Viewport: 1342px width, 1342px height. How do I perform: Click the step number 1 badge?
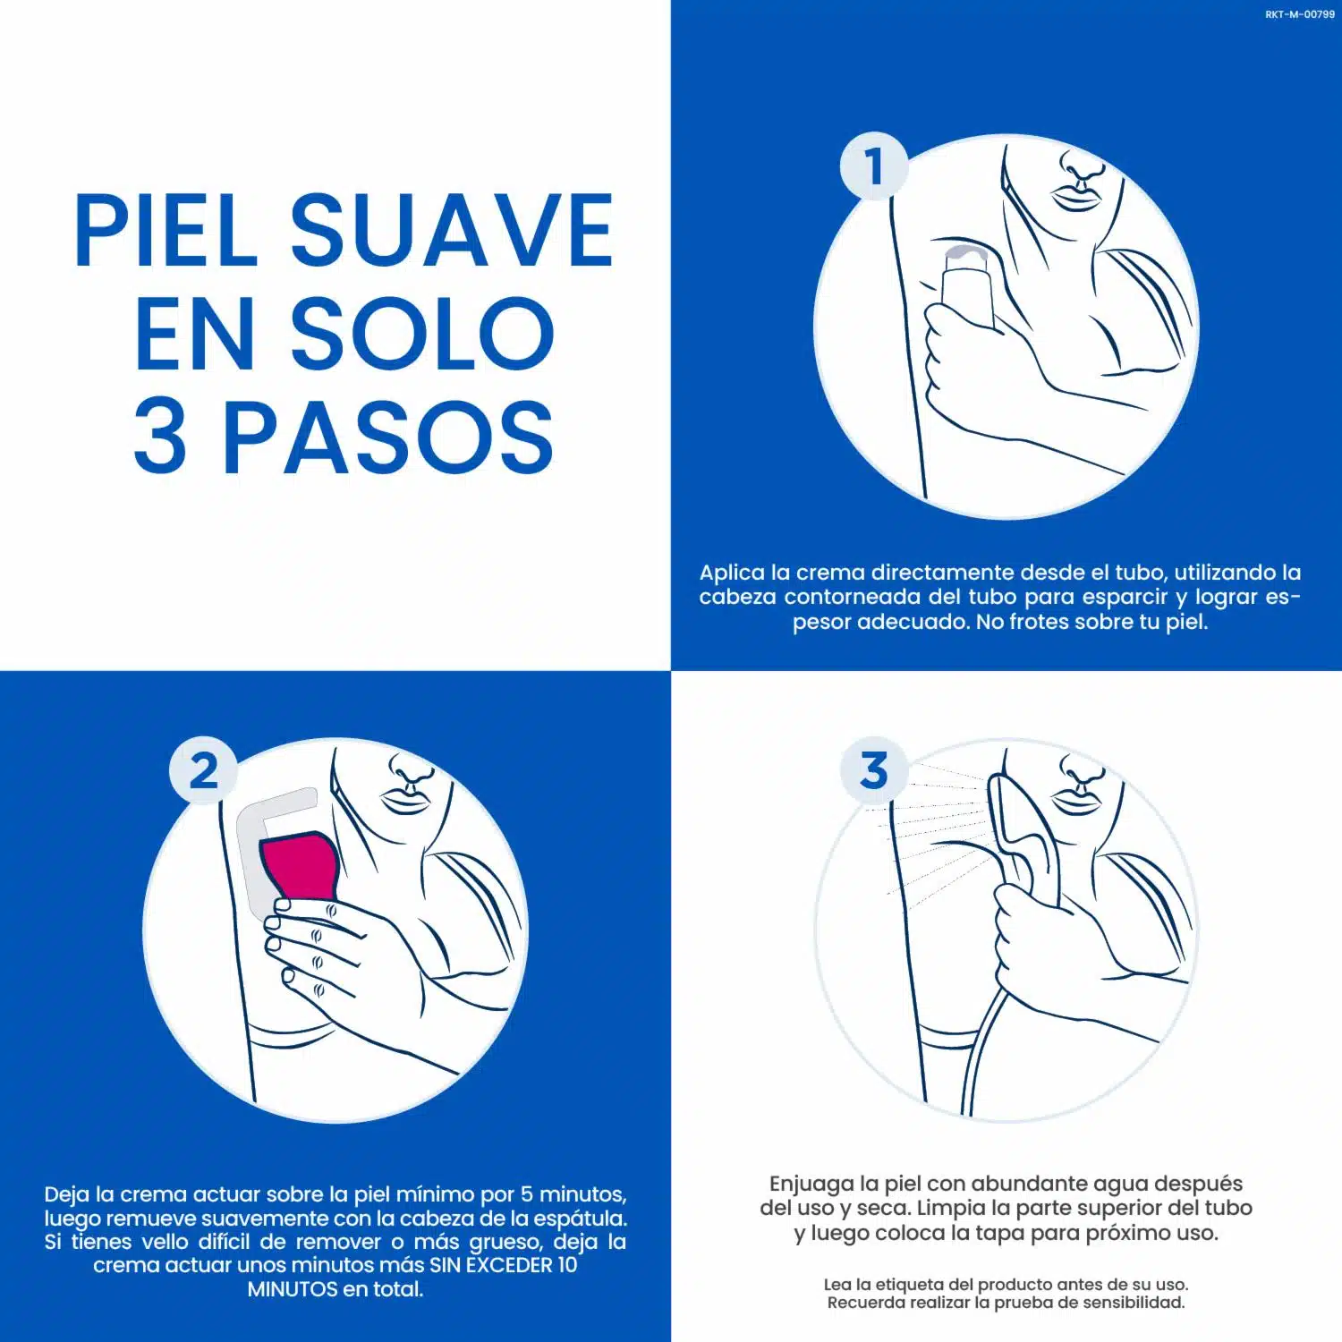pos(874,167)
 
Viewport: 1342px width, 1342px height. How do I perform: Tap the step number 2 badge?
pos(204,770)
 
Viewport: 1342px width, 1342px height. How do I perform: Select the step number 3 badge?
pos(874,770)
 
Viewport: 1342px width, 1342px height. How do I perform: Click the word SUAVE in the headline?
pos(452,231)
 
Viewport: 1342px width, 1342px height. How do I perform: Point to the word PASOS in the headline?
pos(388,437)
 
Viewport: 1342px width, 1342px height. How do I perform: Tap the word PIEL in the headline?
pos(166,231)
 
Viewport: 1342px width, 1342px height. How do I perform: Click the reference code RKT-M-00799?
pos(1300,14)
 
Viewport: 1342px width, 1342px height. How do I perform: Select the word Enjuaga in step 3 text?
pos(811,1185)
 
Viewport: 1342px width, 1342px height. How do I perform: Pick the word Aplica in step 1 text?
pos(732,573)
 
